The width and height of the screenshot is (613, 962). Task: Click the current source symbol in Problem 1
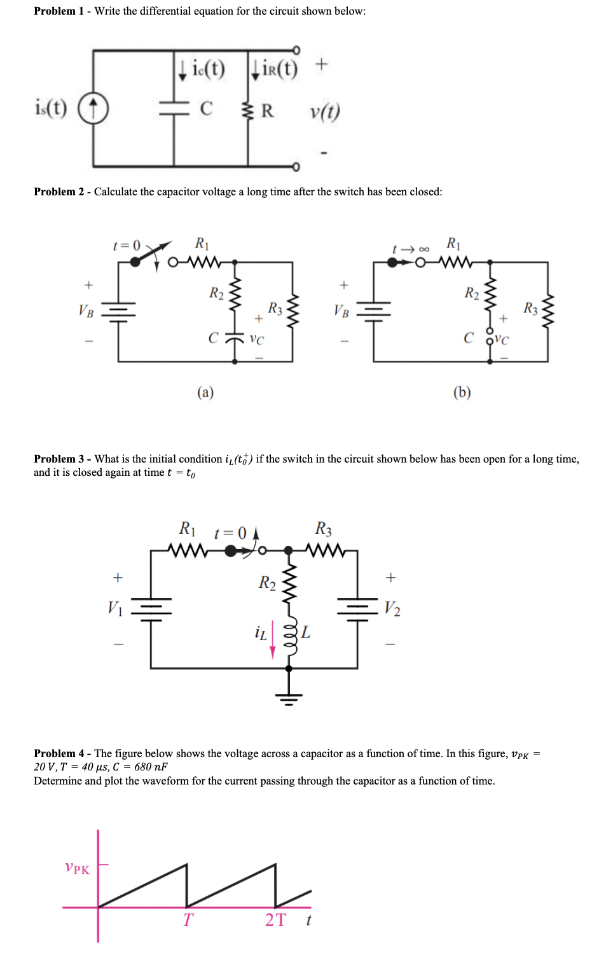coord(93,108)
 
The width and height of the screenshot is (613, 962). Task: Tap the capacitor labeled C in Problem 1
coord(174,109)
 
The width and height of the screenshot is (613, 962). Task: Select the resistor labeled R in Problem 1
coord(247,110)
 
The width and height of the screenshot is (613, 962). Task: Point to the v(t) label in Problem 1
coord(324,111)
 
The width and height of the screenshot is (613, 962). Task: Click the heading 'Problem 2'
coord(59,192)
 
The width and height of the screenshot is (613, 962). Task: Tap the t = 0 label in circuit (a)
coord(126,246)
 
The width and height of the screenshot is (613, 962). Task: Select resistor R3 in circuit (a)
coord(293,311)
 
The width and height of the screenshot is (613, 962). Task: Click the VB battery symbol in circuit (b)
coord(373,311)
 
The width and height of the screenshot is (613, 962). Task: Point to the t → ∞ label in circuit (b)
coord(410,249)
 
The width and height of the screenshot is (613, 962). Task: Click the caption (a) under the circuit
coord(205,392)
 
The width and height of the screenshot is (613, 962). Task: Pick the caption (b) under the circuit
coord(462,392)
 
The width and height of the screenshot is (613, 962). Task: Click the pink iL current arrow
coord(273,639)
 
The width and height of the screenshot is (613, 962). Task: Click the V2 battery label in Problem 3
coord(392,608)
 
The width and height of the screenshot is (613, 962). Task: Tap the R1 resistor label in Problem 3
coord(187,528)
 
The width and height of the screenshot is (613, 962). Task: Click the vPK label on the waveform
coord(78,868)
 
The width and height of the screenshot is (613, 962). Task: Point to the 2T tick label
coord(275,920)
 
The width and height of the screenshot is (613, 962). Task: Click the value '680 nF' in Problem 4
coord(151,767)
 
